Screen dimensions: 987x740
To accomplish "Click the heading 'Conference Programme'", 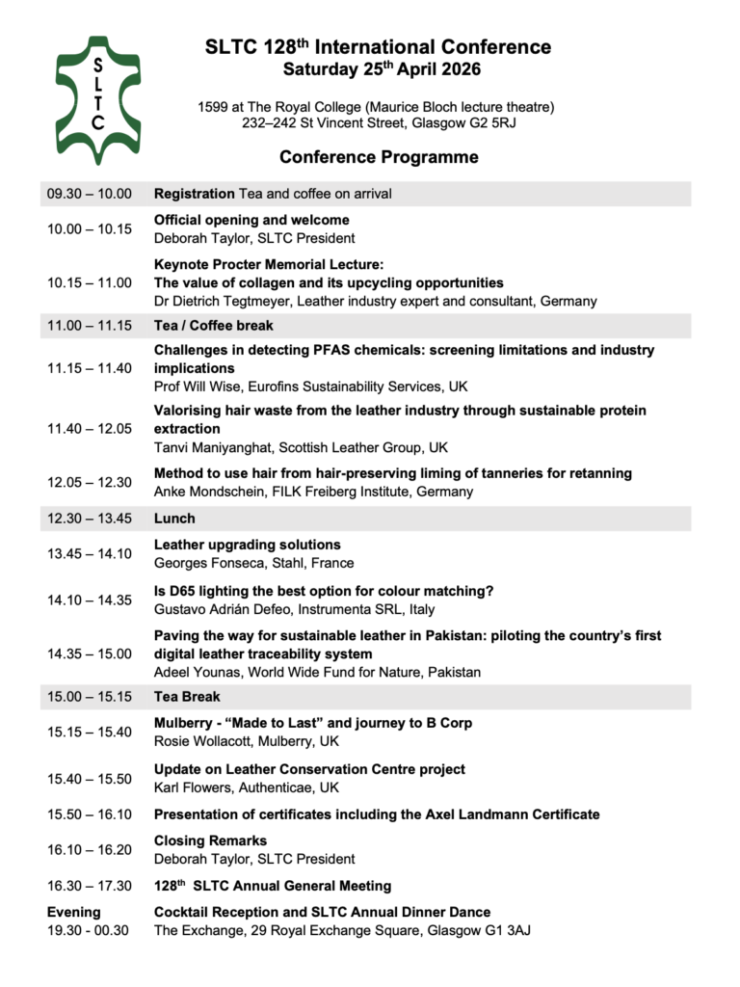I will pos(379,157).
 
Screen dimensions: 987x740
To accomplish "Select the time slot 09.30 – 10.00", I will pos(90,194).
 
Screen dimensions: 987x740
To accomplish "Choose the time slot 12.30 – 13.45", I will pos(90,519).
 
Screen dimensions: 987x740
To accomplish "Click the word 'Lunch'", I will pos(174,519).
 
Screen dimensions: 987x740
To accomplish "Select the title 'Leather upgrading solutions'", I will pos(248,545).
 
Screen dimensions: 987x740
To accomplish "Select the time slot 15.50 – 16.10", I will pos(90,814).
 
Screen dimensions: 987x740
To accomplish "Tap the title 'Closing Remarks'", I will pos(210,840).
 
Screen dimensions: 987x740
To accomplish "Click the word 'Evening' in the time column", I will pos(74,912).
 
